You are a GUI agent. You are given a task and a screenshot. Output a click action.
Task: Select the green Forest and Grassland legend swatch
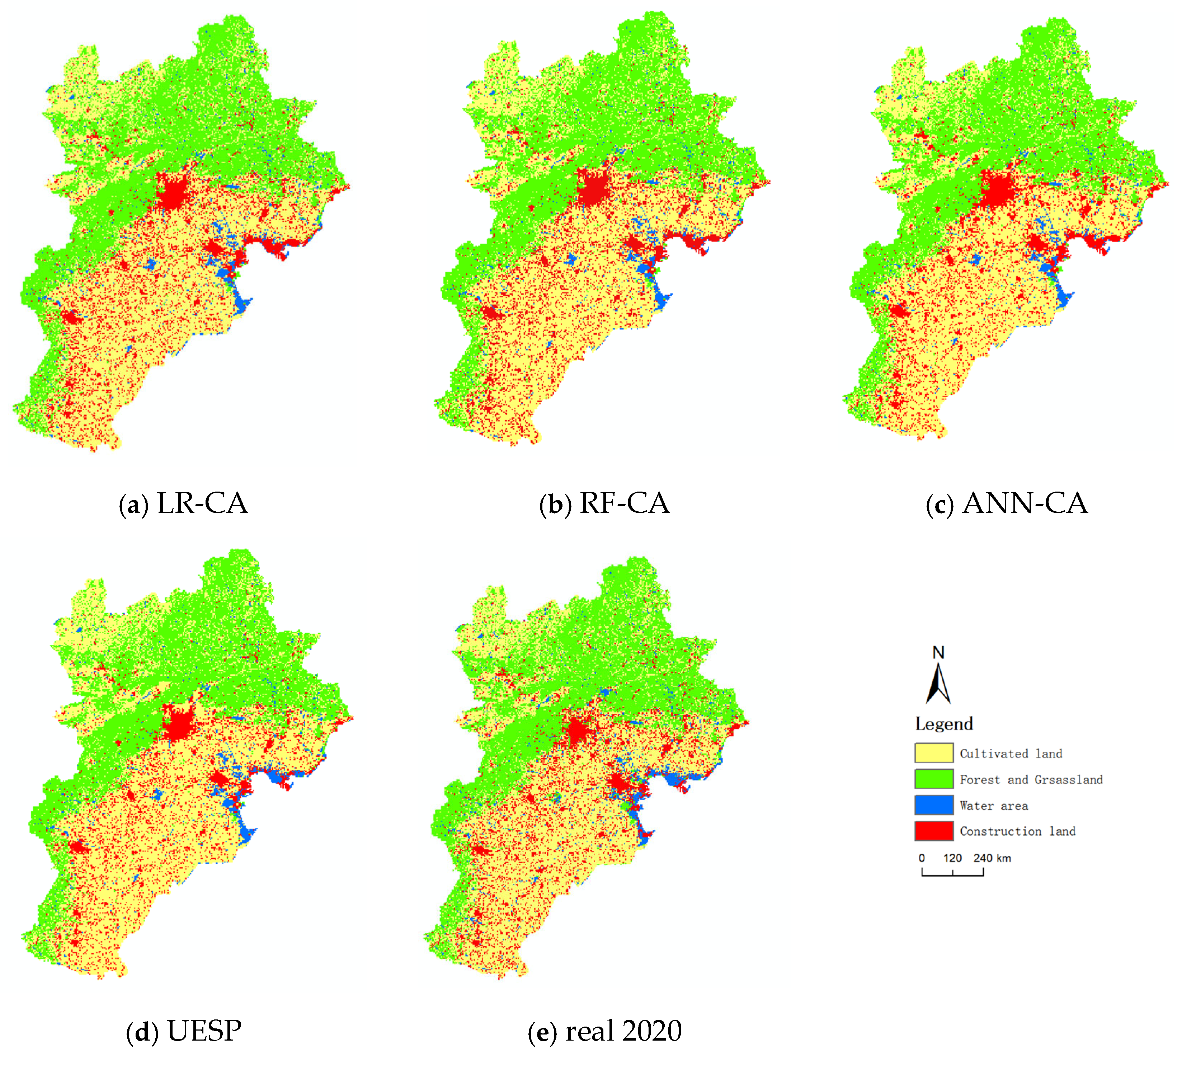(933, 779)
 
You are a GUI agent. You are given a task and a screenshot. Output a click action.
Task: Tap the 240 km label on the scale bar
(992, 858)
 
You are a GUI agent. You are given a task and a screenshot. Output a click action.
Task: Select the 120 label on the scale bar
(952, 858)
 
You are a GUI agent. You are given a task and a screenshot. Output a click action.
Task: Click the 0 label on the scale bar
(922, 858)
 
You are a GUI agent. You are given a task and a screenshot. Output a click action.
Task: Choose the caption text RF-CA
(624, 503)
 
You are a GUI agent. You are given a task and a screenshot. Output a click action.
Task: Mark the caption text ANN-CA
(1025, 503)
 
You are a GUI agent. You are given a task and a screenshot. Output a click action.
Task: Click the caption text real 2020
(623, 1031)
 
